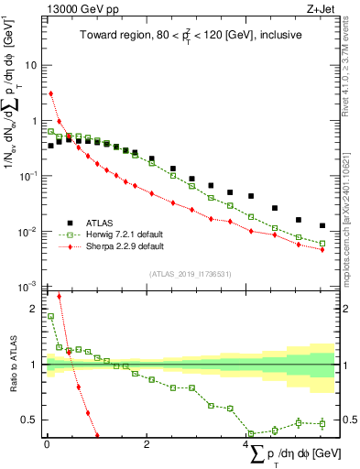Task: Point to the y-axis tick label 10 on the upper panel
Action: [31, 66]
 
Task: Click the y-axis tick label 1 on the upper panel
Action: [35, 121]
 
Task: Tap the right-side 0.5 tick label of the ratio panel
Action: [349, 420]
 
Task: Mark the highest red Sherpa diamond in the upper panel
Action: [51, 93]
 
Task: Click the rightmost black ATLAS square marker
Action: [322, 225]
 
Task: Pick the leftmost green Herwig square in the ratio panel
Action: [51, 316]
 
